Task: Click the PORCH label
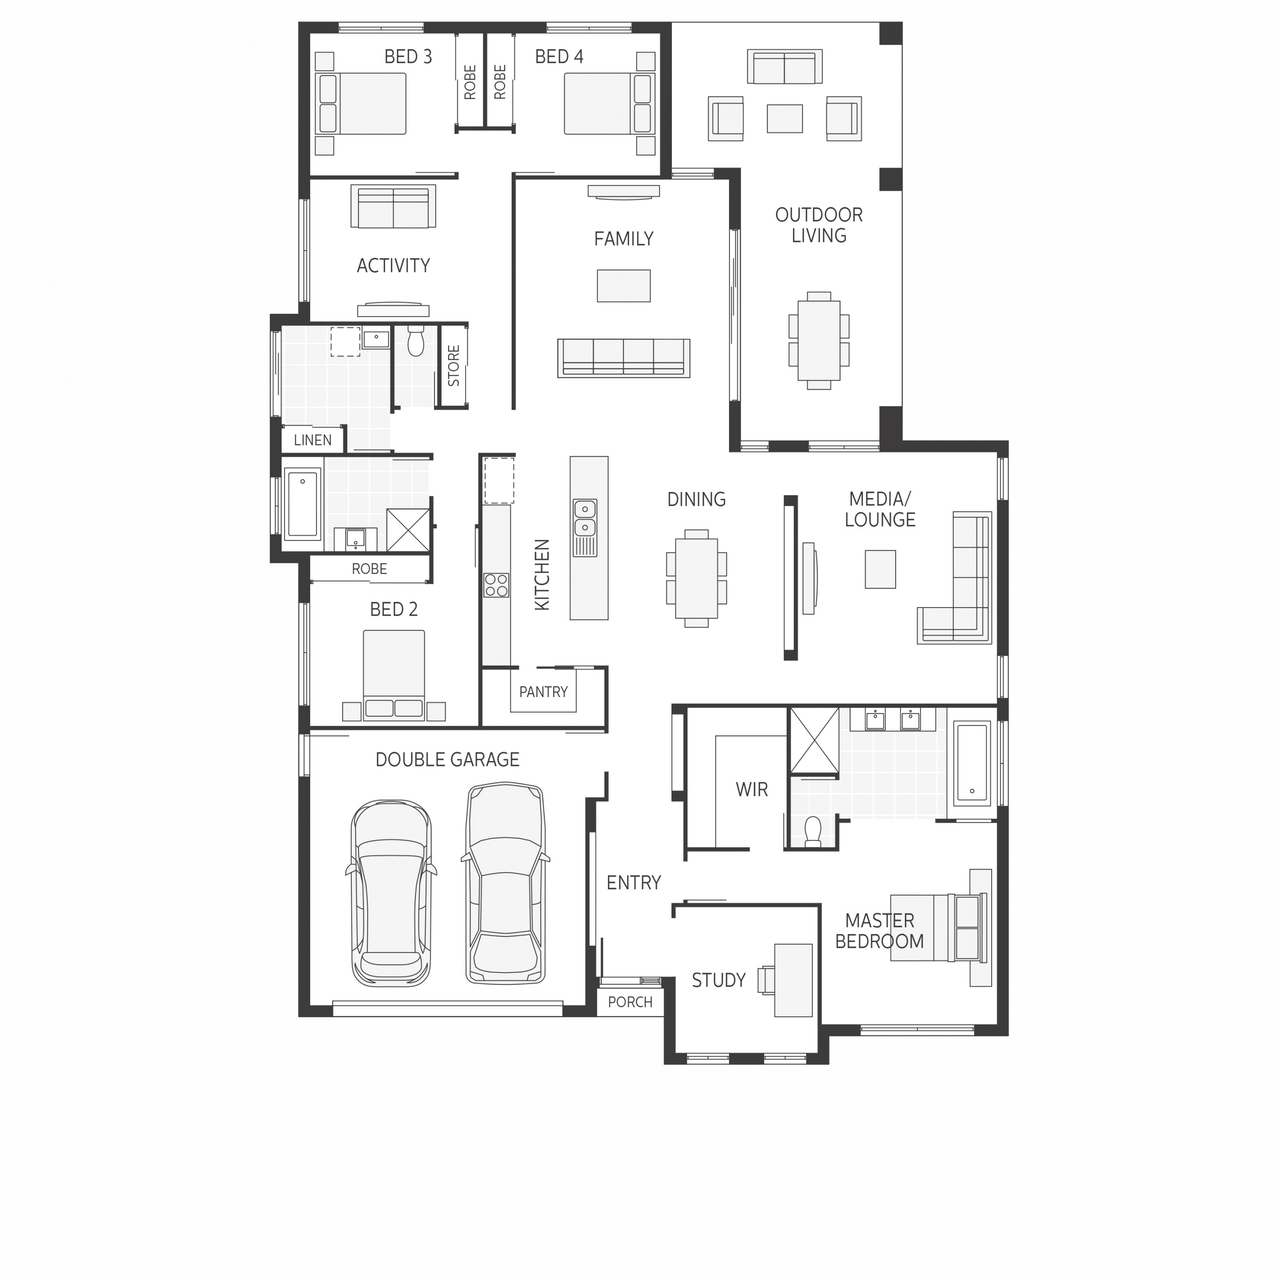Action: point(629,1002)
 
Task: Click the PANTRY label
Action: point(543,692)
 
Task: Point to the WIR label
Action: point(751,789)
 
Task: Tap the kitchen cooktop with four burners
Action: point(496,585)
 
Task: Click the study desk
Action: point(793,980)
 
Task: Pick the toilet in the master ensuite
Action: point(812,831)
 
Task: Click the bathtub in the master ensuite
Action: point(971,762)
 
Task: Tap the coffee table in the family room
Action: point(623,285)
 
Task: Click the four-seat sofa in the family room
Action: point(623,358)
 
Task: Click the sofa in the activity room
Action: point(393,207)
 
